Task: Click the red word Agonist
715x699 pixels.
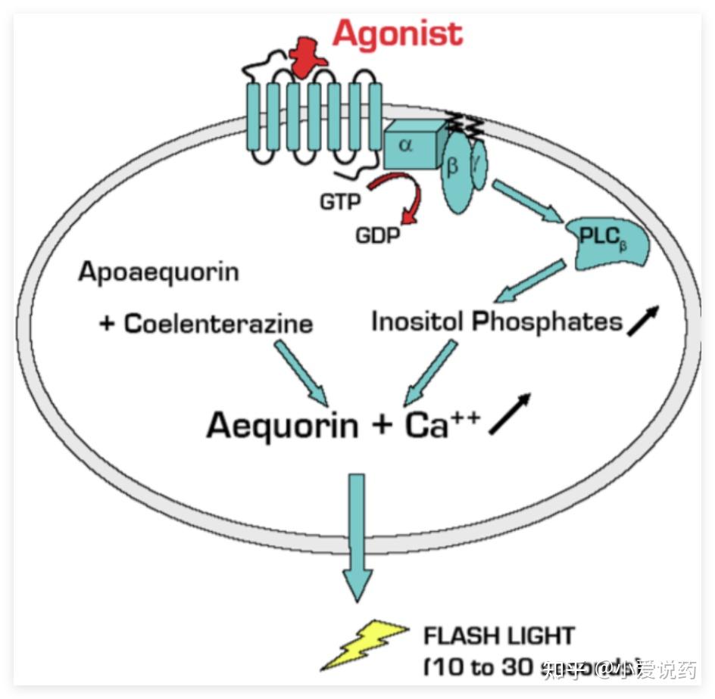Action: coord(397,34)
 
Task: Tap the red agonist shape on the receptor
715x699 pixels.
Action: coord(305,58)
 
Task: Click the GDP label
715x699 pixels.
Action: coord(377,235)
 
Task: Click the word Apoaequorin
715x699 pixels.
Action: coord(158,272)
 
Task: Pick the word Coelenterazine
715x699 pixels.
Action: coord(218,324)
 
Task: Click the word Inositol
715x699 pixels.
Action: coord(417,322)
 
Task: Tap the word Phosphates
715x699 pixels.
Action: coord(547,322)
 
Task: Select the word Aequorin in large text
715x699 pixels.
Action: coord(283,425)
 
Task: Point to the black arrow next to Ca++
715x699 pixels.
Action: coord(509,415)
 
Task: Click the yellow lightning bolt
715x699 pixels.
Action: coord(367,644)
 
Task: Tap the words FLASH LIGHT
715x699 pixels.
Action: coord(499,635)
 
